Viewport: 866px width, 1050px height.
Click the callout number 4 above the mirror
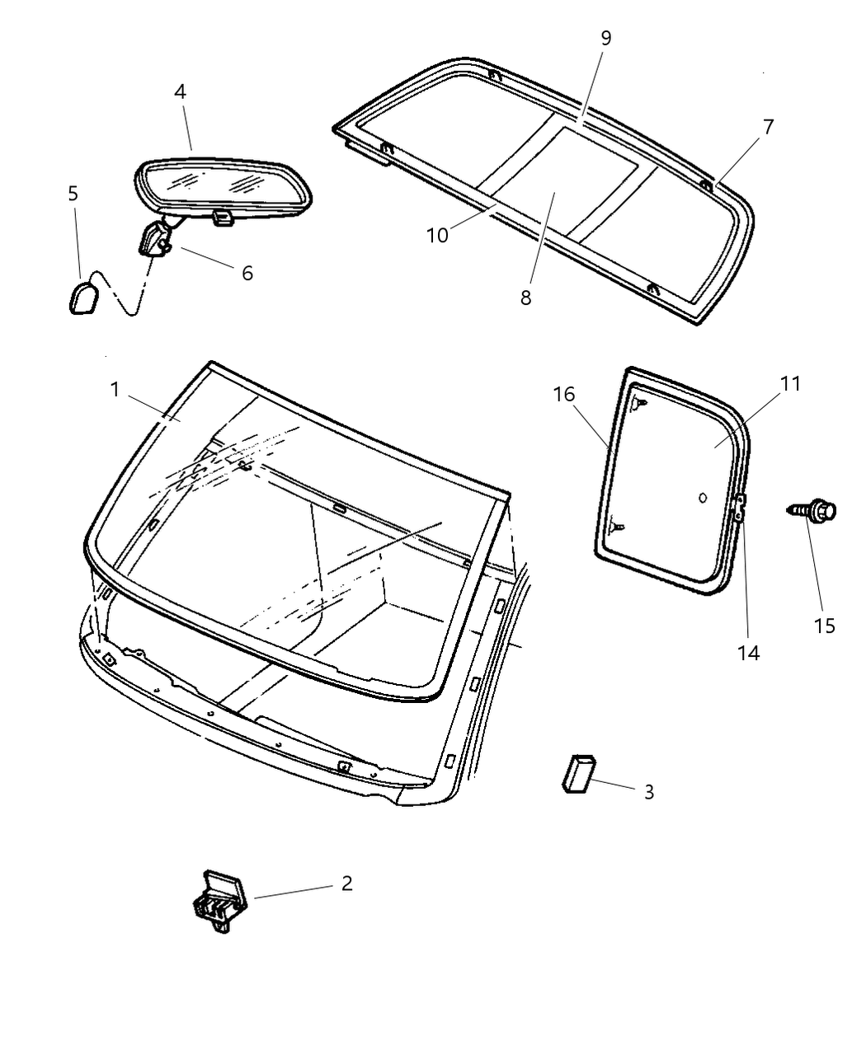coord(180,91)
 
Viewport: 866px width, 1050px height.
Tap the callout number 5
coord(73,194)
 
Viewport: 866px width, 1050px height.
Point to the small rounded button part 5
coord(82,298)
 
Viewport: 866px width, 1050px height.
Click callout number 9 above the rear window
coord(606,38)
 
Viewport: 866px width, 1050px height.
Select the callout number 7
coord(768,127)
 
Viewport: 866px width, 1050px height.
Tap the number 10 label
coord(437,235)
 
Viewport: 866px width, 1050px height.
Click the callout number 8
coord(526,297)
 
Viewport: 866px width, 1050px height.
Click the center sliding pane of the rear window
coord(577,185)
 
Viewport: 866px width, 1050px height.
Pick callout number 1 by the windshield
coord(115,389)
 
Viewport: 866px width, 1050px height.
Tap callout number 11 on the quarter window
coord(790,384)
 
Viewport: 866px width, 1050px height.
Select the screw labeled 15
coord(814,511)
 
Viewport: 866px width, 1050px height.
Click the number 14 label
coord(749,653)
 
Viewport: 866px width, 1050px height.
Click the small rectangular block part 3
coord(578,771)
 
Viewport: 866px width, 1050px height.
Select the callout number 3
coord(649,792)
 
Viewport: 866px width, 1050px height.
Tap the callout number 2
coord(346,884)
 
